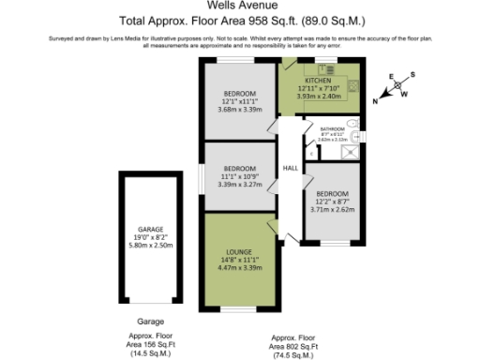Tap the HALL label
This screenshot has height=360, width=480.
291,168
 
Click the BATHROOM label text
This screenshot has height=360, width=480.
333,129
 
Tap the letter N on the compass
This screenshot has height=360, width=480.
376,100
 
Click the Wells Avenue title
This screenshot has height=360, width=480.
240,7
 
